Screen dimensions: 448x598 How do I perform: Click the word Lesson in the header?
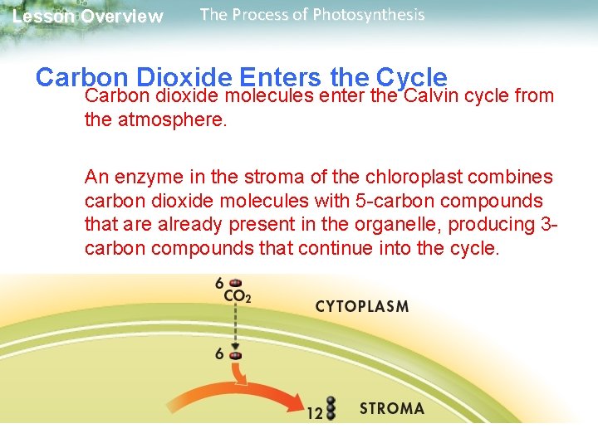point(43,17)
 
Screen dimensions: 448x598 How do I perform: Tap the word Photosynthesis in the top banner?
point(369,15)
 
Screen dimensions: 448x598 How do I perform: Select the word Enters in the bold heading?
point(281,77)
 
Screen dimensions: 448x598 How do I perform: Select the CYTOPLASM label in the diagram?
point(362,306)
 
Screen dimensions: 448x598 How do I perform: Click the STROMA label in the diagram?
point(391,408)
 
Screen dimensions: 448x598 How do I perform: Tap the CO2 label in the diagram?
point(237,295)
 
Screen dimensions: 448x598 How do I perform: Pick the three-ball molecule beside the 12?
point(331,408)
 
